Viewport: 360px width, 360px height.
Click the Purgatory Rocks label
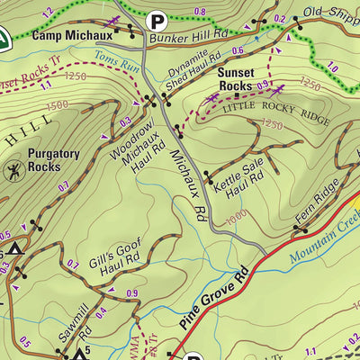coord(54,160)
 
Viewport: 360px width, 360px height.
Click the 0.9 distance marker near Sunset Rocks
coord(264,85)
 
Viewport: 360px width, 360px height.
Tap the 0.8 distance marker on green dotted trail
coord(200,11)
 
